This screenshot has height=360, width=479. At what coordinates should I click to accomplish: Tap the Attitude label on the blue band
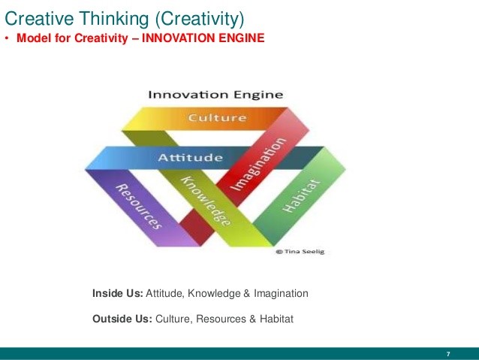click(190, 158)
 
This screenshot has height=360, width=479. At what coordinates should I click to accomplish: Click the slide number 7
click(448, 354)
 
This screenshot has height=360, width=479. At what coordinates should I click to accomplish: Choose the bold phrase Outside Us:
click(122, 319)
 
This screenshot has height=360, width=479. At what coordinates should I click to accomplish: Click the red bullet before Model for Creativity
click(6, 39)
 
